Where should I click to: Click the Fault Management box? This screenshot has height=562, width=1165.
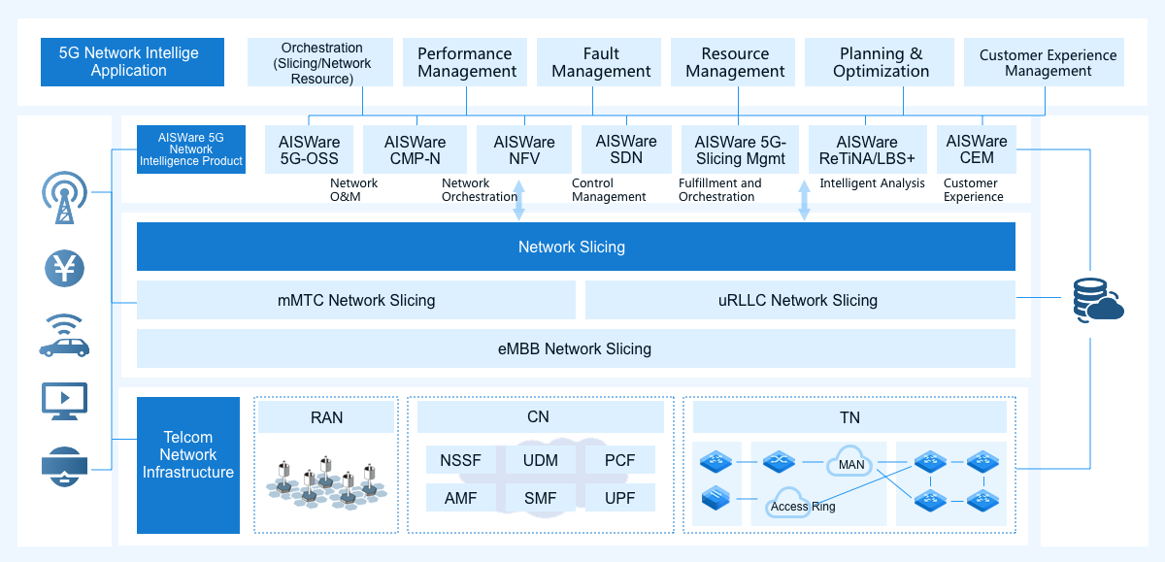click(599, 62)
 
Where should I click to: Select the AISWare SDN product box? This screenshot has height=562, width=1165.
click(626, 149)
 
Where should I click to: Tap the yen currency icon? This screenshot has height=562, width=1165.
click(64, 268)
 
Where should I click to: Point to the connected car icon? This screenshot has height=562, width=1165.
click(64, 336)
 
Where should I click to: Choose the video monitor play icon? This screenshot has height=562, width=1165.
click(64, 401)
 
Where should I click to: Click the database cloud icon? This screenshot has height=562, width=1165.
click(1097, 300)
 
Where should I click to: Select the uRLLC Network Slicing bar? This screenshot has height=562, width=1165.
click(800, 300)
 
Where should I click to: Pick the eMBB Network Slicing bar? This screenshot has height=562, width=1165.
click(576, 348)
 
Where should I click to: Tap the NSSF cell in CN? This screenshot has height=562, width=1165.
click(461, 460)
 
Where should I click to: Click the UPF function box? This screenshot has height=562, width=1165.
click(620, 498)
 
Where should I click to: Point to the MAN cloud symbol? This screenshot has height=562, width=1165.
click(850, 461)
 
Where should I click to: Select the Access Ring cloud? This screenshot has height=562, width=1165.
click(789, 503)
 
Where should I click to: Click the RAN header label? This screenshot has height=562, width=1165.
click(326, 417)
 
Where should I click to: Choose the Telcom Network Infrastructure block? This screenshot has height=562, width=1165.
click(188, 465)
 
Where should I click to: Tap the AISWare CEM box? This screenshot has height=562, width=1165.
click(977, 149)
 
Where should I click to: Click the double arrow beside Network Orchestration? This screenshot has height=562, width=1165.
click(518, 200)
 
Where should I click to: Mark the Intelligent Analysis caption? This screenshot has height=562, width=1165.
click(872, 183)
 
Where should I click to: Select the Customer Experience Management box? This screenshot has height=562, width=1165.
click(1044, 62)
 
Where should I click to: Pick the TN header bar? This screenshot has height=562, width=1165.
click(849, 417)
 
